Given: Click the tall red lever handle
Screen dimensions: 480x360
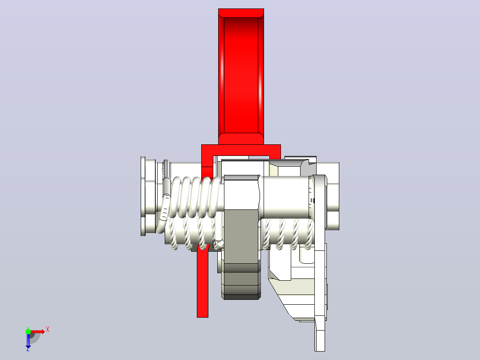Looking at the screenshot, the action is pyautogui.click(x=241, y=77).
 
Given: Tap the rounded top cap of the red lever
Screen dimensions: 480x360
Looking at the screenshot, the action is pyautogui.click(x=241, y=12).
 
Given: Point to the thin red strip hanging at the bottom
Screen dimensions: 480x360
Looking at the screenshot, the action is pyautogui.click(x=202, y=282).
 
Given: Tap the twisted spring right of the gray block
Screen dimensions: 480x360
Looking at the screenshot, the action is pyautogui.click(x=288, y=234).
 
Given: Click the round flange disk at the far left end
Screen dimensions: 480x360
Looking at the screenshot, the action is pyautogui.click(x=143, y=196).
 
